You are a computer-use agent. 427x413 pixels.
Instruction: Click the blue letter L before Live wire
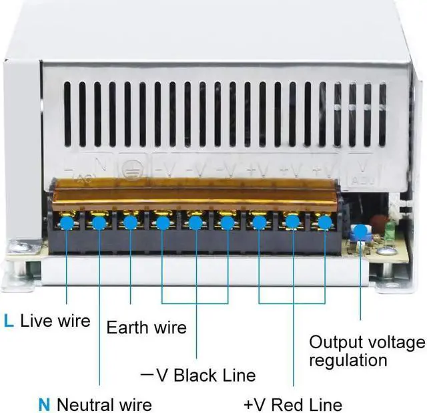click(8, 321)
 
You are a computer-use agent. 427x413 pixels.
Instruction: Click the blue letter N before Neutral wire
click(44, 404)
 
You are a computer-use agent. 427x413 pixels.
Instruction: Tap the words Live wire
click(55, 321)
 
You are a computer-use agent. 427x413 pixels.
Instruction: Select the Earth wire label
click(146, 327)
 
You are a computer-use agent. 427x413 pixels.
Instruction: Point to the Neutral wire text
click(104, 404)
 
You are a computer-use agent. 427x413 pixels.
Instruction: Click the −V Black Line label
click(198, 375)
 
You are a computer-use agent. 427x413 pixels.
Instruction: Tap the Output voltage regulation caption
click(366, 352)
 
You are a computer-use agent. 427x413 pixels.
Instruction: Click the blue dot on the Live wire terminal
click(67, 222)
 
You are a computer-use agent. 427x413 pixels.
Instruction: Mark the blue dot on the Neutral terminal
click(99, 222)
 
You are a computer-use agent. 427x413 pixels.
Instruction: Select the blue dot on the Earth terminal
click(130, 222)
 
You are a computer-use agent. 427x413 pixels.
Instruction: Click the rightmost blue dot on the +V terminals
click(325, 222)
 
